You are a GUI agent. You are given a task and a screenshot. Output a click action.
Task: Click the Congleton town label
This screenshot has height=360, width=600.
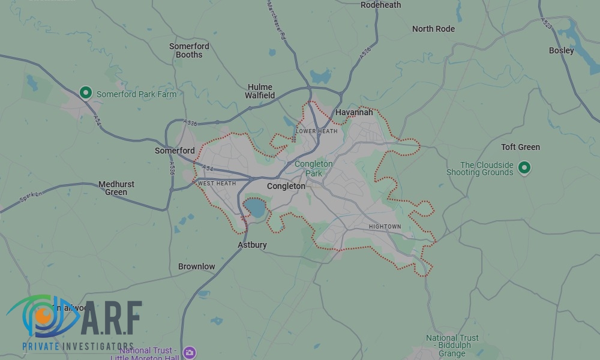pyautogui.click(x=286, y=186)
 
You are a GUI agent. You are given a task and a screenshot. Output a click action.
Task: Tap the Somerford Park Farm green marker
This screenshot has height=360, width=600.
pyautogui.click(x=86, y=93)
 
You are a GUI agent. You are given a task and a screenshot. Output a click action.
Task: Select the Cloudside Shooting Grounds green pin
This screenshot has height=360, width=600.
pyautogui.click(x=524, y=167)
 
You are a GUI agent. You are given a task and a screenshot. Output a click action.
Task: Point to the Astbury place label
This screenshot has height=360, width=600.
pyautogui.click(x=252, y=245)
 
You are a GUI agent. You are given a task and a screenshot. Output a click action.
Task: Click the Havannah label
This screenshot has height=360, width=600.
pyautogui.click(x=354, y=112)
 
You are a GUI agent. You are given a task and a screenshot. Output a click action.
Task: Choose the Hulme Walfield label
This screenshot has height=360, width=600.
pyautogui.click(x=260, y=91)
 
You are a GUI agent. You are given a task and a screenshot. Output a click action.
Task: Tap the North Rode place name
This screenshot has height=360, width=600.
pyautogui.click(x=433, y=29)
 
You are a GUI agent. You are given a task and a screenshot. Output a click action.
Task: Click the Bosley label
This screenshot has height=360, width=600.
pyautogui.click(x=561, y=50)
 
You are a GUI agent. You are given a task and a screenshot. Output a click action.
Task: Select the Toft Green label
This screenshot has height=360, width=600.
pyautogui.click(x=520, y=147)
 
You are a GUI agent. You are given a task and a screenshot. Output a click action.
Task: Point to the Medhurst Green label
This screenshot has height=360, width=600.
pyautogui.click(x=116, y=188)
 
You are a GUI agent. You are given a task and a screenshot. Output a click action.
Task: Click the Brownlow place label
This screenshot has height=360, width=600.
pyautogui.click(x=196, y=266)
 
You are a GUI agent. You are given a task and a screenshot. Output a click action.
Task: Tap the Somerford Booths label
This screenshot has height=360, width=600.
pyautogui.click(x=189, y=50)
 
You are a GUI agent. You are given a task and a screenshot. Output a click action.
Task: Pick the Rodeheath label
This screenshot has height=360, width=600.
pyautogui.click(x=380, y=5)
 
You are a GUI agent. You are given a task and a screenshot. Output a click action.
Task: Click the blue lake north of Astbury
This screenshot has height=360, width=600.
pyautogui.click(x=255, y=209)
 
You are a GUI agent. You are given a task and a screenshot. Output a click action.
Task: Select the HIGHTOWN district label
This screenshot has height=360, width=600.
pyautogui.click(x=385, y=227)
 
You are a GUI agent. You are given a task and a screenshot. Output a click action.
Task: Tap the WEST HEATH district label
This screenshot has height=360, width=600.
pyautogui.click(x=217, y=183)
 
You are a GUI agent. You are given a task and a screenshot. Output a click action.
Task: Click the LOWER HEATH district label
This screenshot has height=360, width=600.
pyautogui.click(x=316, y=131)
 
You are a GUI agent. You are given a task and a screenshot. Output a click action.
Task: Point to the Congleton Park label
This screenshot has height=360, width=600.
pyautogui.click(x=313, y=169)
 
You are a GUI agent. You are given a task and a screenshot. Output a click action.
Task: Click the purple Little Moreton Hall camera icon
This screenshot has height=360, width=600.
pyautogui.click(x=190, y=352)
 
